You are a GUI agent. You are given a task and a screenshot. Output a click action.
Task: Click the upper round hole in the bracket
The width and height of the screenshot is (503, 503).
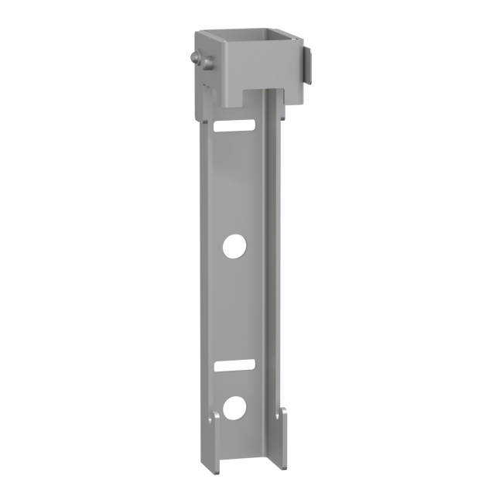click(234, 247)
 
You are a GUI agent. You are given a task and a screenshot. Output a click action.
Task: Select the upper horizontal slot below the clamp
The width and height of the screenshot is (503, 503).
click(236, 125)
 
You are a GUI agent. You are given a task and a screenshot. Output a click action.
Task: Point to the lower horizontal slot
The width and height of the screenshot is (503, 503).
click(236, 363)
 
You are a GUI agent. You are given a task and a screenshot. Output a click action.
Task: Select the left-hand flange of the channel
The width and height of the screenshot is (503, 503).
click(204, 271)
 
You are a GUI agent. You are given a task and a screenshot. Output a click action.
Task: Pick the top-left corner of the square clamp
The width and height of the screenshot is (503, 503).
click(197, 33)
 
